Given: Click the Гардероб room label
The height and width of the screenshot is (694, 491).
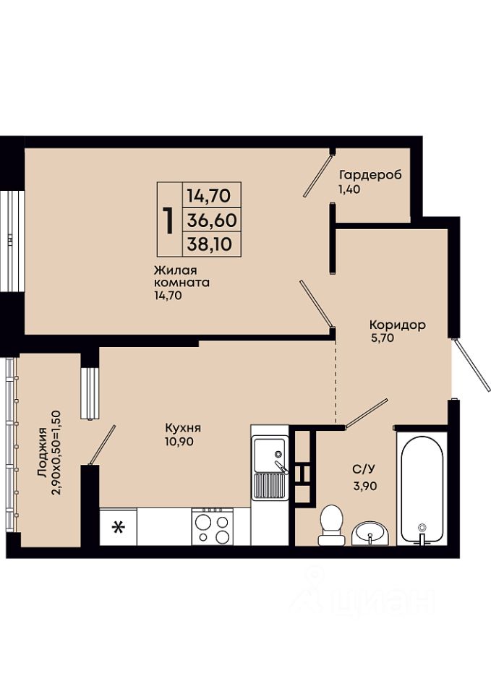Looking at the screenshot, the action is point(370,175).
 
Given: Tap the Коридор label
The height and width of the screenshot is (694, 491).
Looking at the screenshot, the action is point(398,325).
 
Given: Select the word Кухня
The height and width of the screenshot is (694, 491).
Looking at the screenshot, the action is point(183,428).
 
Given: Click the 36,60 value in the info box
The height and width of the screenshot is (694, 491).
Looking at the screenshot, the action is point(212,220).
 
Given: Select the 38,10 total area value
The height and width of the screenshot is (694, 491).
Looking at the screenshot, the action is point(210,244).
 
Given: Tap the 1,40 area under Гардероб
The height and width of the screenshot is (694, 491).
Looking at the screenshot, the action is point(350,189).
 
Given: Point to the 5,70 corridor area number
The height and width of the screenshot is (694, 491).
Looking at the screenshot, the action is point(382,338).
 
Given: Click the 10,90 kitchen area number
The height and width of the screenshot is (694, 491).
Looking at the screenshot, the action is point(179,441).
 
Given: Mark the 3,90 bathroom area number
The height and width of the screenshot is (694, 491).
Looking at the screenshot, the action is point(365,486).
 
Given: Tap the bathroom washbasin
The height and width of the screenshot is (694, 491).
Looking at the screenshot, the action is point(370,534).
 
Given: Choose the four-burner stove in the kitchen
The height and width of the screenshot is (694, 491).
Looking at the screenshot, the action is point(212,526).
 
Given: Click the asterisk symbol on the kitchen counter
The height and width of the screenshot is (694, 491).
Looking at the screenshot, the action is point(118,527).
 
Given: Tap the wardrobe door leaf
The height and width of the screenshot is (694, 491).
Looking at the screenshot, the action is point(318,174).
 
